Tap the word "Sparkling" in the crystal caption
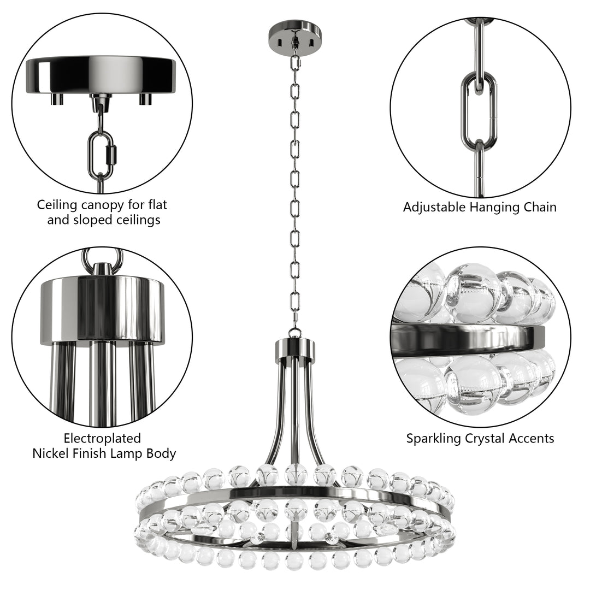[x=433, y=439]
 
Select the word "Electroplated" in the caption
[x=102, y=439]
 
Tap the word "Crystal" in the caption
[x=485, y=439]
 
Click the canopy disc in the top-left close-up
[x=101, y=74]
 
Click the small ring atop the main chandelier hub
[x=295, y=332]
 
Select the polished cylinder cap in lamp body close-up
[x=102, y=309]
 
